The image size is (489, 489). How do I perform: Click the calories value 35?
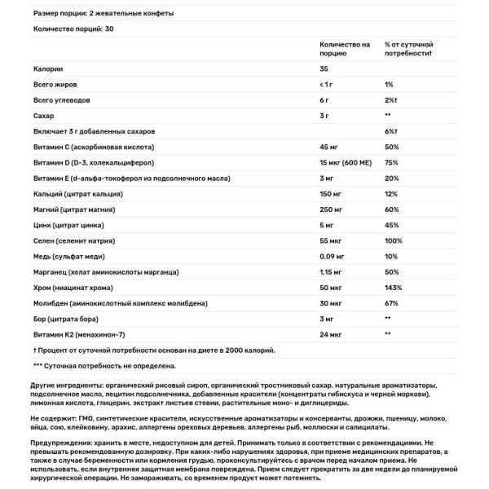pyautogui.click(x=324, y=69)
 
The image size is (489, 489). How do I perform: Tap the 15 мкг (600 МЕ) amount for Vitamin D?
pyautogui.click(x=350, y=162)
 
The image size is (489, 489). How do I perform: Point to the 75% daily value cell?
pyautogui.click(x=391, y=162)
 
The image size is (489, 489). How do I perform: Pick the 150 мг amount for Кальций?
pyautogui.click(x=330, y=193)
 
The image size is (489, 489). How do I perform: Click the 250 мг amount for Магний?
pyautogui.click(x=330, y=209)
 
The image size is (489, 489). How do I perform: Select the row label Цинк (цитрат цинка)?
pyautogui.click(x=73, y=224)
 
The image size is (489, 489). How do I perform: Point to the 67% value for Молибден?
pyautogui.click(x=391, y=302)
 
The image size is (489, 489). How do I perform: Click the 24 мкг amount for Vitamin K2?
pyautogui.click(x=330, y=333)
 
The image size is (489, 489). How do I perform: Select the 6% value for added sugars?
pyautogui.click(x=390, y=131)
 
